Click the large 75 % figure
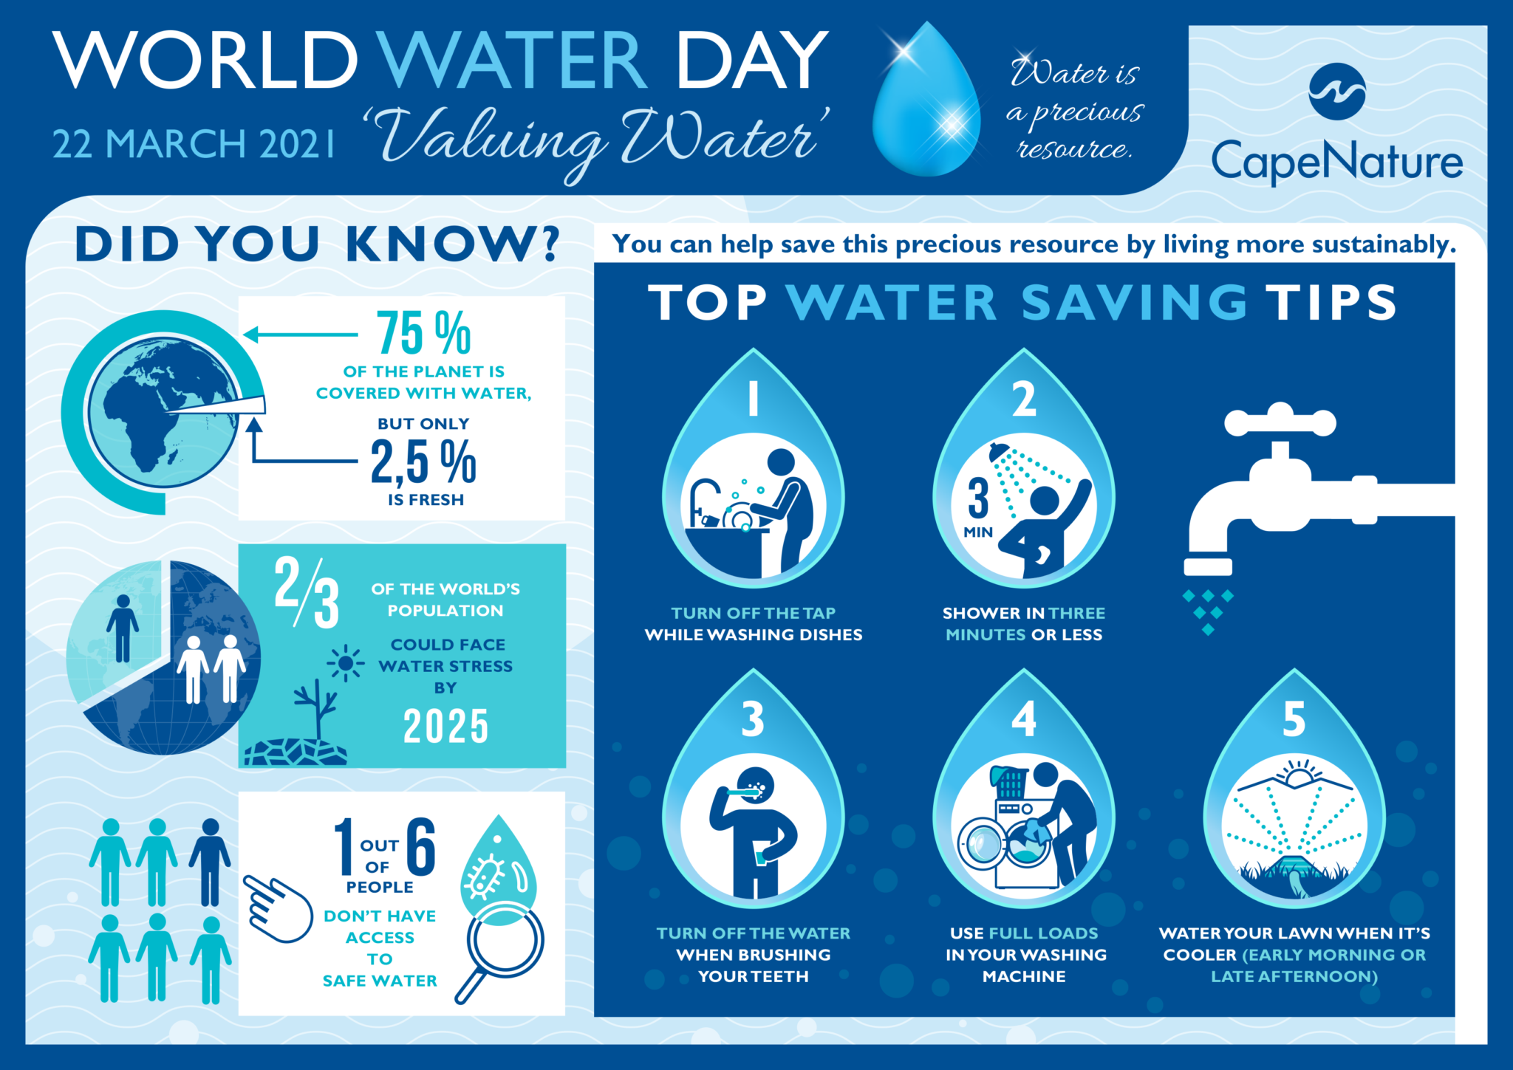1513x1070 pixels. (x=423, y=333)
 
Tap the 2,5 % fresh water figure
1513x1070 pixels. (x=423, y=462)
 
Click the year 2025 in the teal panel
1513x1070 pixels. (x=445, y=726)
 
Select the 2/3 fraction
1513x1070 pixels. (x=307, y=592)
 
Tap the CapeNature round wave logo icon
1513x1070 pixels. (x=1336, y=92)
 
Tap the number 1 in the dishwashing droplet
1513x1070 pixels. (x=754, y=399)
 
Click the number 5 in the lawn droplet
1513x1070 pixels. (x=1294, y=719)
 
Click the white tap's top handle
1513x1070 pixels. (x=1280, y=422)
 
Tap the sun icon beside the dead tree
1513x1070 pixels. (x=345, y=663)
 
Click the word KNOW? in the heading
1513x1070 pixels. (x=453, y=244)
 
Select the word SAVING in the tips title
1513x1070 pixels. (x=1135, y=303)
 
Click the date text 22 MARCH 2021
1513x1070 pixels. (x=194, y=144)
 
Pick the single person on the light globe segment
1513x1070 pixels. (x=123, y=628)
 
